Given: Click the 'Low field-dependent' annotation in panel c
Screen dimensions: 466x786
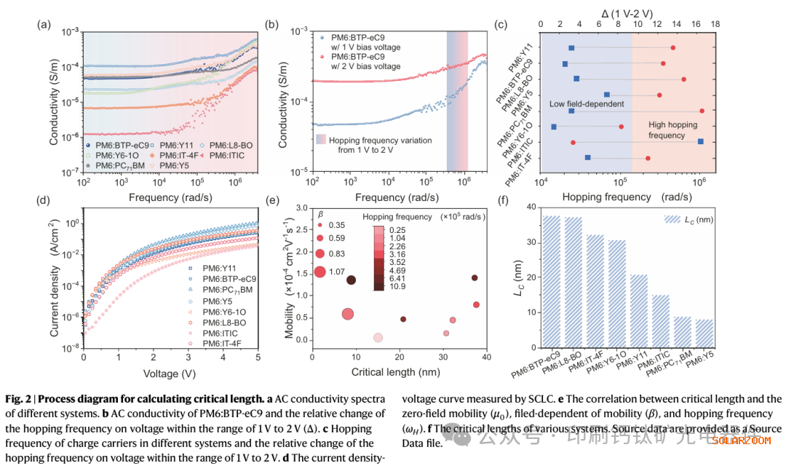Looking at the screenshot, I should tap(587, 104).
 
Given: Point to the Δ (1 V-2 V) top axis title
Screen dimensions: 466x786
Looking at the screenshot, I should tap(627, 13).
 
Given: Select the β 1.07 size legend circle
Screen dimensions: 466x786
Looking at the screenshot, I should tap(319, 272).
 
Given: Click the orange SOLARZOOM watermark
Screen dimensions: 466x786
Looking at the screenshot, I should tap(739, 441).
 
